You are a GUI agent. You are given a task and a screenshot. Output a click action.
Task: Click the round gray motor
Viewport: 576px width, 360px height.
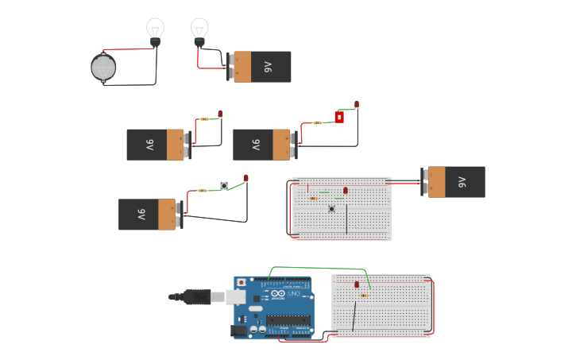coord(103,68)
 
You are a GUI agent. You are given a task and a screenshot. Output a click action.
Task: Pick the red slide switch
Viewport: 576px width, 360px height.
coord(339,118)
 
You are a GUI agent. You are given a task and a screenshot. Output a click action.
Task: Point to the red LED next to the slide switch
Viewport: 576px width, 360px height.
coord(357,104)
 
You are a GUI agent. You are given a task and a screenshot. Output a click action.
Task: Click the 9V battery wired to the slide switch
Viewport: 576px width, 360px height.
coord(262,145)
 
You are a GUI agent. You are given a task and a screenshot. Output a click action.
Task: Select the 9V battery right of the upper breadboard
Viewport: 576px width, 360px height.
coord(454,182)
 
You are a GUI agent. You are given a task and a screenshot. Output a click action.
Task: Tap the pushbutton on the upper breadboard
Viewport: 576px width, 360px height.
coord(332,209)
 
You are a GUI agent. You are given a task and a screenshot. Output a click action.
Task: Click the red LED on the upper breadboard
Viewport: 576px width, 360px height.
coord(346,190)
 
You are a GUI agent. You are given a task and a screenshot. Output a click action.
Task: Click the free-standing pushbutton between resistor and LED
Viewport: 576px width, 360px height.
coord(224,186)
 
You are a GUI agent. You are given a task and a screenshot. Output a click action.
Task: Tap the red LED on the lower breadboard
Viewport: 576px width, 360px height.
coord(357,284)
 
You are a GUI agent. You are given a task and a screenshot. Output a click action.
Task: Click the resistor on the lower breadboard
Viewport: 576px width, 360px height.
coord(364,296)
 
